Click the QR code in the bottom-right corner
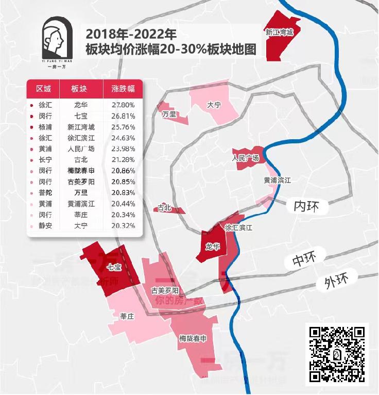337,354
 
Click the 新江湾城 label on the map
279,32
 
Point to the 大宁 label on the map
214,105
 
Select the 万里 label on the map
169,113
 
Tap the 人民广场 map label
246,158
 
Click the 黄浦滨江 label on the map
278,180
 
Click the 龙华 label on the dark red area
213,247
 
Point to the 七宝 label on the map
114,267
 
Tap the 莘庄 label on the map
127,316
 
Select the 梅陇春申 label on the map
193,338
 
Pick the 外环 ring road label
337,281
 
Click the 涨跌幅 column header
123,89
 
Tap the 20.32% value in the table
123,226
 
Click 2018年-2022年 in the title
132,35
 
